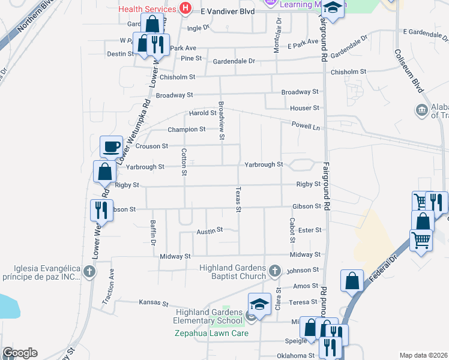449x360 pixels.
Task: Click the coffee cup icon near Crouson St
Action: click(x=112, y=146)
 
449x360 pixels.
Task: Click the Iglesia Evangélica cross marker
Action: click(x=89, y=272)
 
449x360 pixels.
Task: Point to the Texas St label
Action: click(x=238, y=200)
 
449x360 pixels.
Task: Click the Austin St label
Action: click(x=210, y=230)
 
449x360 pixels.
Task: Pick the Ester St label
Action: click(x=310, y=230)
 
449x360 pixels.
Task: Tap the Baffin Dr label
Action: click(x=153, y=233)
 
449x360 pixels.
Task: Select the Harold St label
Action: click(x=202, y=113)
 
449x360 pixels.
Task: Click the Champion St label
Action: click(x=186, y=129)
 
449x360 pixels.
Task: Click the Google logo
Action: click(x=20, y=353)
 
